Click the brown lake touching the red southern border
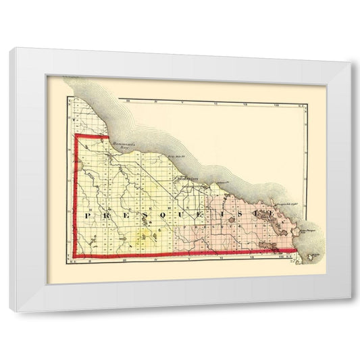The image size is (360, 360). (222, 254)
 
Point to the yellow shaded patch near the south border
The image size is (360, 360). (144, 238)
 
